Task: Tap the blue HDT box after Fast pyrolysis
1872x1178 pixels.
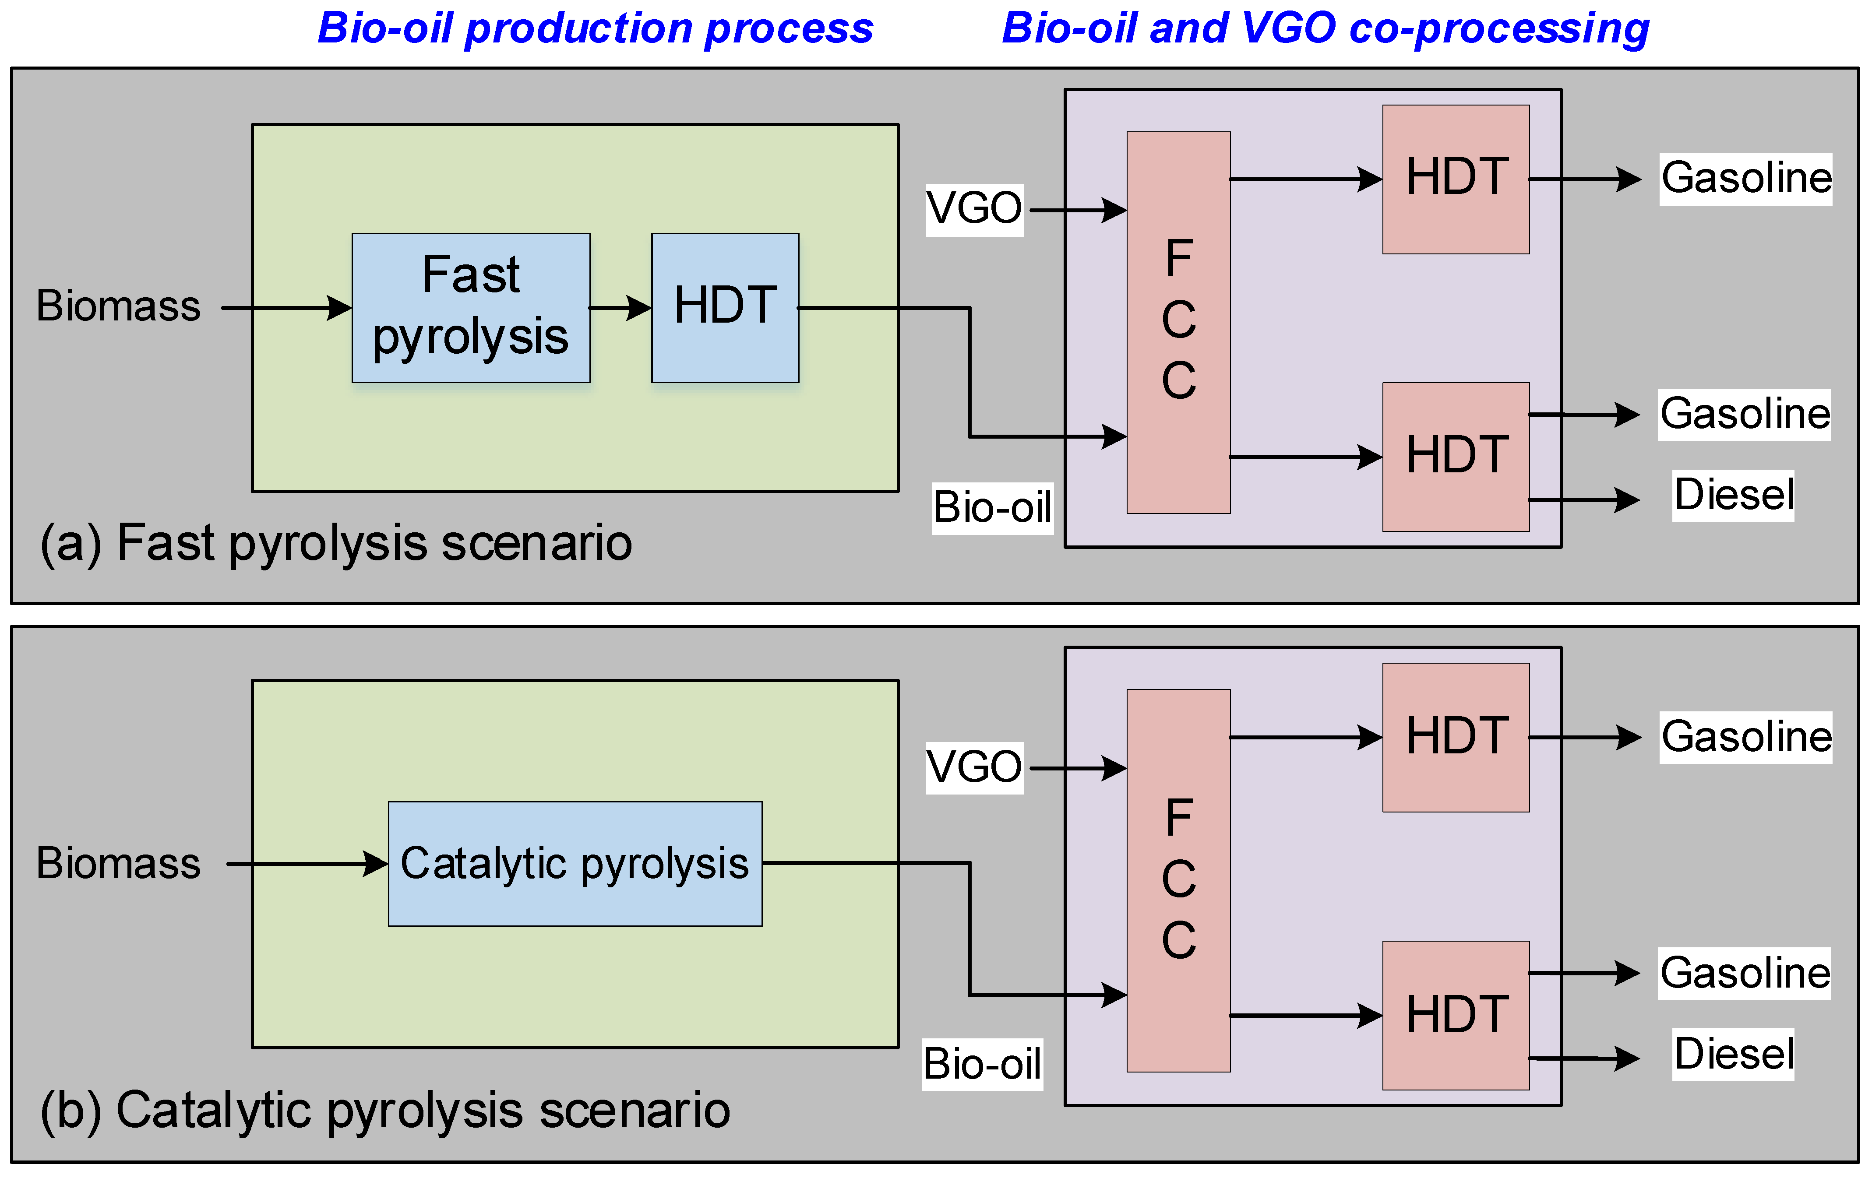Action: point(725,308)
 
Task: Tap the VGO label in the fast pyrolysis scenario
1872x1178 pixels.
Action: point(974,209)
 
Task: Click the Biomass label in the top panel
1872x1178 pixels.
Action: point(118,306)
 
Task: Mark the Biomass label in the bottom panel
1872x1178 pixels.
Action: point(118,863)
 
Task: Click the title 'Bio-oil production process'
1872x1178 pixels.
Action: point(596,29)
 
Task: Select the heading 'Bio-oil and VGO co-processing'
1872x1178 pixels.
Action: point(1326,29)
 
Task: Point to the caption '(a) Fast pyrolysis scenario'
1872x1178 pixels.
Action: point(336,542)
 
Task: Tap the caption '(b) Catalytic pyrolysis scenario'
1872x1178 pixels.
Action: point(385,1110)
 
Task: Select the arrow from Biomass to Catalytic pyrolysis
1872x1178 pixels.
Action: point(307,863)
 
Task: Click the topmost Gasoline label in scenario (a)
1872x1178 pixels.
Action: point(1745,179)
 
